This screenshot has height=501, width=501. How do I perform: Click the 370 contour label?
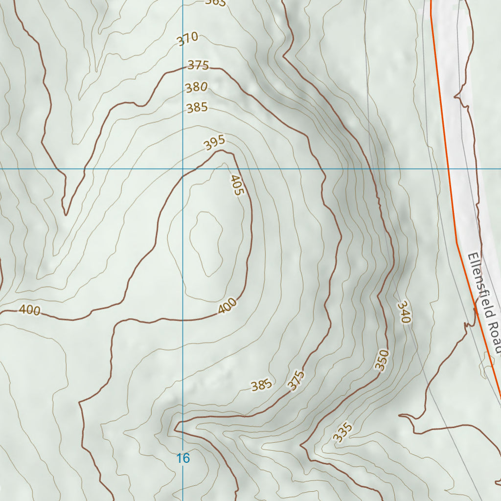[x=188, y=39]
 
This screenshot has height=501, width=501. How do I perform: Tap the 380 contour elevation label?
[x=196, y=88]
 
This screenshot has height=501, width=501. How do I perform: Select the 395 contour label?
[x=214, y=142]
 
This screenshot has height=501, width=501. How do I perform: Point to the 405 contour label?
[x=236, y=185]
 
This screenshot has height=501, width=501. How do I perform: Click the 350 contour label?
[x=382, y=360]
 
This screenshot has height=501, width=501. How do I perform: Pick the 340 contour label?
[x=404, y=312]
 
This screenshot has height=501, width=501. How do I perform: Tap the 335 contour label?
[x=342, y=433]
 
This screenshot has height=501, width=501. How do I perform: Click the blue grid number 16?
[x=183, y=458]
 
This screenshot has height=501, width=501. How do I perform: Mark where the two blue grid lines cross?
[x=183, y=169]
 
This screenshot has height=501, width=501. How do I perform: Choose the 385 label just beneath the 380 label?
[x=197, y=108]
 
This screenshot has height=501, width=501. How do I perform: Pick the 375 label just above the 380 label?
[x=198, y=65]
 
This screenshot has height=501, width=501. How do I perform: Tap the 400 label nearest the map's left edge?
[x=29, y=310]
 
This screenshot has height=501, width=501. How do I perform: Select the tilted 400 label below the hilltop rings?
[x=228, y=306]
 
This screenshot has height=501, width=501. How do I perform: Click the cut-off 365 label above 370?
[x=215, y=3]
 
